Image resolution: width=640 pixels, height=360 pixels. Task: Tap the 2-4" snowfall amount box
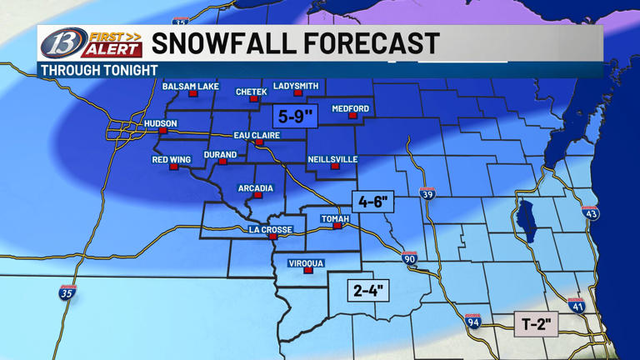click(369, 290)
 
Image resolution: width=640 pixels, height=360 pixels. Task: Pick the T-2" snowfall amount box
click(535, 324)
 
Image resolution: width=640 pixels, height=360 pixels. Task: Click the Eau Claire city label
click(257, 135)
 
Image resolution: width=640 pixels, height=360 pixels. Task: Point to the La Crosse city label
click(270, 229)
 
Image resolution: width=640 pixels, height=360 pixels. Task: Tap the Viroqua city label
click(306, 263)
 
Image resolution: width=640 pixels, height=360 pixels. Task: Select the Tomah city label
click(335, 218)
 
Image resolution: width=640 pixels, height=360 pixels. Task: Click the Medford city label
click(350, 109)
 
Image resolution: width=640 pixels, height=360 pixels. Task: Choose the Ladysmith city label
click(296, 86)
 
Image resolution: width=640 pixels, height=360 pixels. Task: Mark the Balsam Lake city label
click(190, 87)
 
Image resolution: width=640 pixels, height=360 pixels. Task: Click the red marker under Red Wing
click(173, 167)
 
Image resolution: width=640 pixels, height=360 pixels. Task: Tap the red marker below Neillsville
click(335, 166)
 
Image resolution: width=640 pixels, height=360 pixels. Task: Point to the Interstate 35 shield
click(67, 292)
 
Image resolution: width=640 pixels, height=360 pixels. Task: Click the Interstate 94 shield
click(472, 321)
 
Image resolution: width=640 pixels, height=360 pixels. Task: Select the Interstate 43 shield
click(590, 212)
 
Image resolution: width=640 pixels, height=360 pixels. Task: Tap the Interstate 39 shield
click(427, 193)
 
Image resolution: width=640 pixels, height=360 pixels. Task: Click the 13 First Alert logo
click(90, 43)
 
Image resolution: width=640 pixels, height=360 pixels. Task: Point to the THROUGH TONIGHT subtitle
click(99, 71)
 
